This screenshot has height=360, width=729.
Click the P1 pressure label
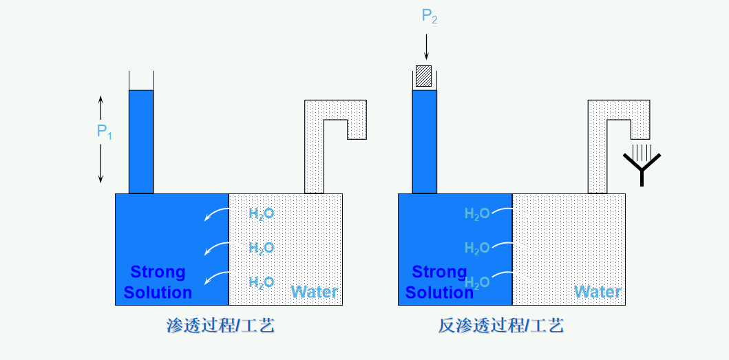point(104,131)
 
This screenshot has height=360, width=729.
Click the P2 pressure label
point(430,17)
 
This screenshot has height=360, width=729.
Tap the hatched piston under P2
point(424,76)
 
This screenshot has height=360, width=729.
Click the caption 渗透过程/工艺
point(220,326)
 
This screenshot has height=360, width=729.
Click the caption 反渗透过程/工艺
point(501,326)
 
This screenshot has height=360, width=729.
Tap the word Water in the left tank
point(315,292)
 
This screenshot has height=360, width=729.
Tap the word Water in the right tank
point(598,292)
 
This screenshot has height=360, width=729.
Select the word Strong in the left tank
point(158,272)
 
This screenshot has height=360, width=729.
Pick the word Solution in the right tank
point(439,293)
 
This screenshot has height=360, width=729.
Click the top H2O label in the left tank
point(262,214)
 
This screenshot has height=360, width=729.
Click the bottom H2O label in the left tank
point(262,282)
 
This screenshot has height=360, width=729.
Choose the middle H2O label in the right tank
point(477,248)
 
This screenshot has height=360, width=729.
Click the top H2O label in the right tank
point(477,214)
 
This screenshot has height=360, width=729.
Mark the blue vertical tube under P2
point(424,141)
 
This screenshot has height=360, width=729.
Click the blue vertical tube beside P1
point(141,141)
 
